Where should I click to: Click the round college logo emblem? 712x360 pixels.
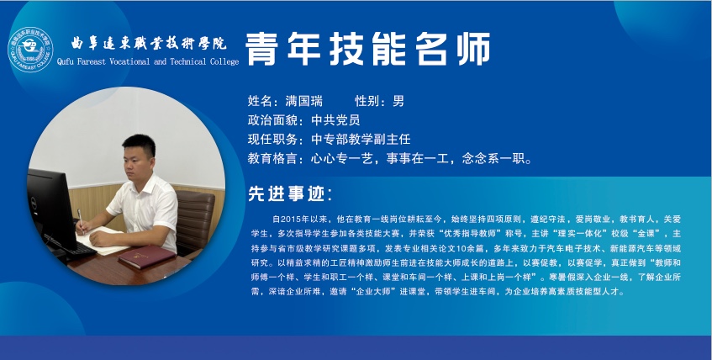pos(30,50)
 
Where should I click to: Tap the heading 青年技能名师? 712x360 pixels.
pos(368,49)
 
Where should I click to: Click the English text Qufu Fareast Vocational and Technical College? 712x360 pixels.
pos(148,61)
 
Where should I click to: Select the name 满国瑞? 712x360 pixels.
pos(303,100)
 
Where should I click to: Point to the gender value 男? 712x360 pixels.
pos(398,100)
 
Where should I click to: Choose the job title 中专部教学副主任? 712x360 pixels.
pos(361,139)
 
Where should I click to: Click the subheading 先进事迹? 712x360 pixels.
pos(286,194)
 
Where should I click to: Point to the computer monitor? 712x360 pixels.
pos(50,209)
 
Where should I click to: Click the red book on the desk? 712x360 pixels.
pos(146,257)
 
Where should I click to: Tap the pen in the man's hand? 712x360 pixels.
pos(81,220)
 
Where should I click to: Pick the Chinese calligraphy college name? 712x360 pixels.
pos(149,43)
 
